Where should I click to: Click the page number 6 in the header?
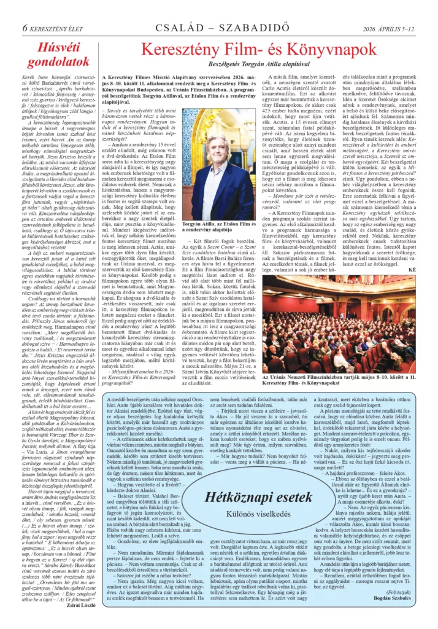coord(25,10)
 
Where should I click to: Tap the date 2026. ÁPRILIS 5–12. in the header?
coord(387,10)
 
